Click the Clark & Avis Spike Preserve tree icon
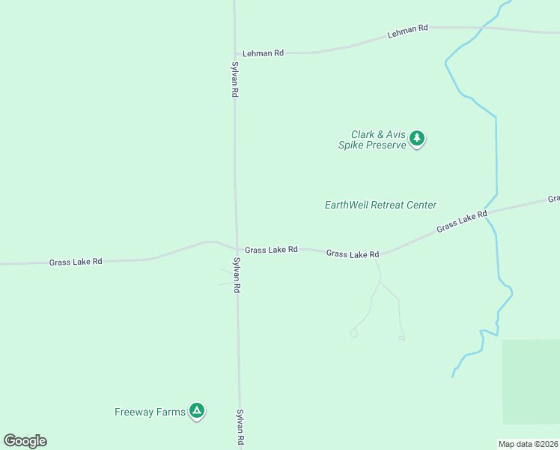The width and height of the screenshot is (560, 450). tap(418, 138)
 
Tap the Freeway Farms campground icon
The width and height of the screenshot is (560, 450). tap(197, 410)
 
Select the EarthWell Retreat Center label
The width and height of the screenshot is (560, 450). tap(380, 205)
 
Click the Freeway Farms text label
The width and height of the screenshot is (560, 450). tap(149, 412)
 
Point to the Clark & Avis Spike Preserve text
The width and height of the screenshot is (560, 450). tap(372, 139)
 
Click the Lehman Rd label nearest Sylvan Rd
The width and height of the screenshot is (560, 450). tap(263, 53)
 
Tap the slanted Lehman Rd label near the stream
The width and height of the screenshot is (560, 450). tap(407, 31)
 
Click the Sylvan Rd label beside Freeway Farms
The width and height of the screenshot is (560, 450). tap(240, 427)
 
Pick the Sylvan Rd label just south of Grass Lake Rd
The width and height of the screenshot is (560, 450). tap(237, 274)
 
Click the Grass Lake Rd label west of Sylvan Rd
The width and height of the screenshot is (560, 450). tap(76, 262)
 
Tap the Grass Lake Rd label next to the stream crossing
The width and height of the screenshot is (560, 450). tap(462, 220)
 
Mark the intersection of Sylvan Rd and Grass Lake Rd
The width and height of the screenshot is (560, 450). tap(237, 249)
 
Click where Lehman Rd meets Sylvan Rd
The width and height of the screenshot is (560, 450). tap(235, 54)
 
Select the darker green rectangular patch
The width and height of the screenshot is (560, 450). tap(530, 381)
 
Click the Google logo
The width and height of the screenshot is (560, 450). tap(25, 441)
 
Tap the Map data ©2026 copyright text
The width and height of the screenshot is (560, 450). tap(529, 444)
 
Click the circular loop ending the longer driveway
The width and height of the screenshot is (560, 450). tap(353, 333)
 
